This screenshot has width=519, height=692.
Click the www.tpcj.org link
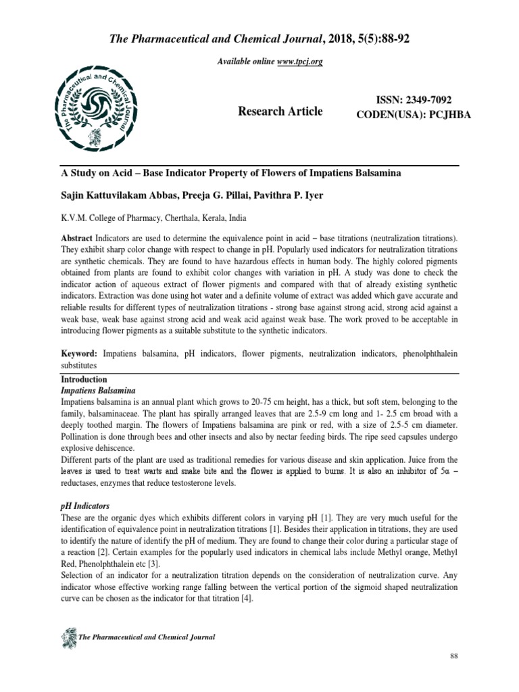pyautogui.click(x=298, y=61)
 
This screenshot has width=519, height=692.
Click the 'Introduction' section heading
pyautogui.click(x=84, y=380)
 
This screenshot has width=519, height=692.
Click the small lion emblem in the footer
pyautogui.click(x=68, y=637)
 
